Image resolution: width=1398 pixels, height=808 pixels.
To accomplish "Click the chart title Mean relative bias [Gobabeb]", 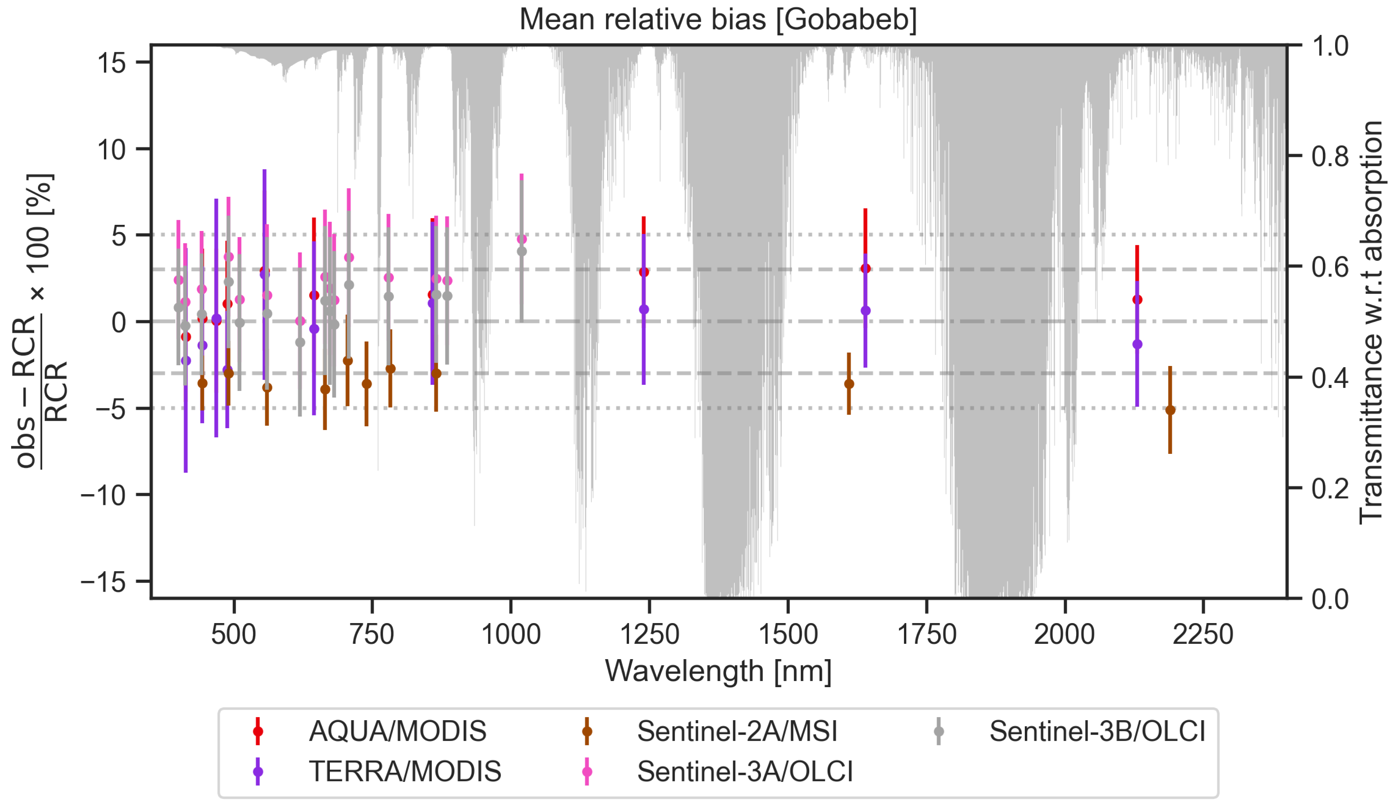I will pyautogui.click(x=718, y=20).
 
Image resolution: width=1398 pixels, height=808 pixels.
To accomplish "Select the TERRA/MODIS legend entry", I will pyautogui.click(x=404, y=772).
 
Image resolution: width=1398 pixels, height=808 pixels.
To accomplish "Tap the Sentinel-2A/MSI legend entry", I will pyautogui.click(x=737, y=731).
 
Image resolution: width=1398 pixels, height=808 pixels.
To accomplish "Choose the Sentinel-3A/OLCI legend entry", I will pyautogui.click(x=744, y=772).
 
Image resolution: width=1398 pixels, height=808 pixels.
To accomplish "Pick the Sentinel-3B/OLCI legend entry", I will pyautogui.click(x=1097, y=731).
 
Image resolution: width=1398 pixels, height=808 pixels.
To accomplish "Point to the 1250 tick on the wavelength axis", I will pyautogui.click(x=649, y=634).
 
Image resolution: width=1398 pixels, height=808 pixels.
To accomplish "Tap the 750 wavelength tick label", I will pyautogui.click(x=372, y=634).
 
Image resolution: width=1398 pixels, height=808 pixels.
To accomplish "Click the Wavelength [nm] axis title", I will pyautogui.click(x=718, y=671).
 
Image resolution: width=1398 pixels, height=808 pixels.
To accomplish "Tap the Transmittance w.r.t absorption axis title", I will pyautogui.click(x=1370, y=322).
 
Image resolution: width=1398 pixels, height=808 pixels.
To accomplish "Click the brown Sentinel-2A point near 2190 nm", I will pyautogui.click(x=1170, y=410).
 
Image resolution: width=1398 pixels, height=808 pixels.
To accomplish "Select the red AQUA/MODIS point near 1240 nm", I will pyautogui.click(x=644, y=272).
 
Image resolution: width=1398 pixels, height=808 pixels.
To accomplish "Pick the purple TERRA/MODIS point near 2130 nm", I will pyautogui.click(x=1137, y=344).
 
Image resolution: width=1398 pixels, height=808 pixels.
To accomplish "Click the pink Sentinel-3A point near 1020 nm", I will pyautogui.click(x=522, y=239).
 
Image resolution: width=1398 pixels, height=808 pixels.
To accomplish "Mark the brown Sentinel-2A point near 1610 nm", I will pyautogui.click(x=849, y=384).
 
